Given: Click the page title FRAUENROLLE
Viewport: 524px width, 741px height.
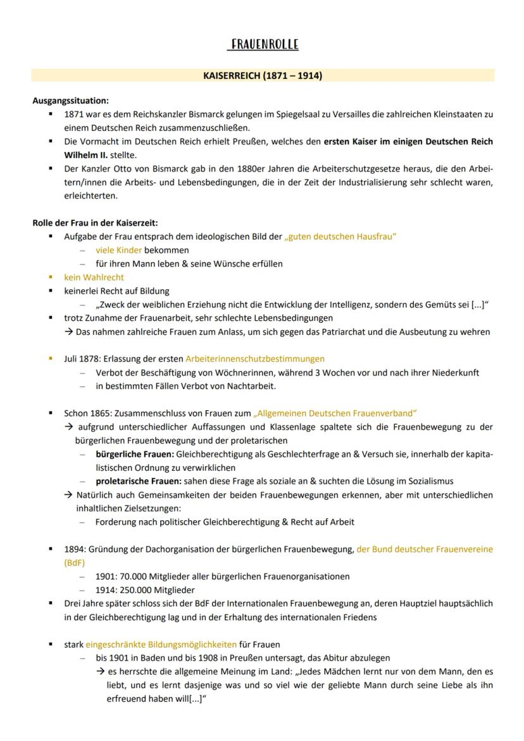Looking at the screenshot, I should coord(263,44).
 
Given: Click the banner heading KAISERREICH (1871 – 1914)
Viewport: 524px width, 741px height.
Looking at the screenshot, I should coord(262,76).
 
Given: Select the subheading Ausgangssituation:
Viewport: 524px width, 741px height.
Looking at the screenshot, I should coord(70,100).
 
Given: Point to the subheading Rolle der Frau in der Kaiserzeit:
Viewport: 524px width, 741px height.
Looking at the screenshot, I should coord(95,222).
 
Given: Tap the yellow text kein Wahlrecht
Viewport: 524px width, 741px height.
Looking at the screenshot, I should coord(94,277).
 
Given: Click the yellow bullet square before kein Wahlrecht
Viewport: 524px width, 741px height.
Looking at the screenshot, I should coord(51,277).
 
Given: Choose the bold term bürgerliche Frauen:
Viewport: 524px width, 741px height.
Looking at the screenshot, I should coord(135,454).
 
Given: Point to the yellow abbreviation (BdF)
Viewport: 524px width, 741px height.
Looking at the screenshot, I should coord(75,563).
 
